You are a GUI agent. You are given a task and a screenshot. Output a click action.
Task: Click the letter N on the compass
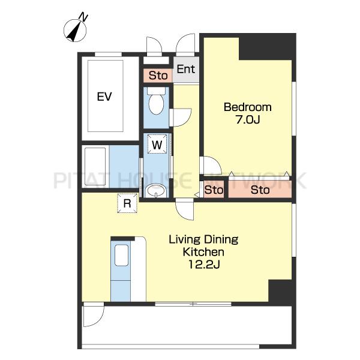(x=83, y=17)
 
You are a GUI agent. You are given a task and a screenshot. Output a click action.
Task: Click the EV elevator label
(x=104, y=97)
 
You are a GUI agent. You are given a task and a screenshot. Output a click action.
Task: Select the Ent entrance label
(x=186, y=69)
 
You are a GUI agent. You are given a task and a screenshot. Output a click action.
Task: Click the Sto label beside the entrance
(x=158, y=76)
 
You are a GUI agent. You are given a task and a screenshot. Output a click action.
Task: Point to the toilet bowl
(x=157, y=104)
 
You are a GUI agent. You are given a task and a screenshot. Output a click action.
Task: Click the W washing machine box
(x=157, y=144)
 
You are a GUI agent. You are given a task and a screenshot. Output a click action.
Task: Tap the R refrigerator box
(x=127, y=203)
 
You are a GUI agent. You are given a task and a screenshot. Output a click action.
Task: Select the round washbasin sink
(x=156, y=190)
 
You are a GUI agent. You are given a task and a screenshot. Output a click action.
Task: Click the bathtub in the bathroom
(x=95, y=167)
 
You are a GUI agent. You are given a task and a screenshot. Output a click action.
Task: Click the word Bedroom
(x=247, y=107)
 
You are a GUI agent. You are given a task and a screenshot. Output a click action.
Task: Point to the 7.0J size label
(x=248, y=119)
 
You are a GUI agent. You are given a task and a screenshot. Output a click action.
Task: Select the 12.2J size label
(x=204, y=265)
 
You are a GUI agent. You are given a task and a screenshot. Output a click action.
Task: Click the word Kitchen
(x=203, y=252)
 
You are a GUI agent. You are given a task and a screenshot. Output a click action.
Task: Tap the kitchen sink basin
(x=121, y=256)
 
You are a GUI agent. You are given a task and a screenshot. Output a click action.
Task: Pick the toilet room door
(x=181, y=118)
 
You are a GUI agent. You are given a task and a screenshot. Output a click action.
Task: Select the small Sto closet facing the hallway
(x=214, y=190)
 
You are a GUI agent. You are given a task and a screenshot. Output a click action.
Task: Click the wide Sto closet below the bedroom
(x=260, y=190)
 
